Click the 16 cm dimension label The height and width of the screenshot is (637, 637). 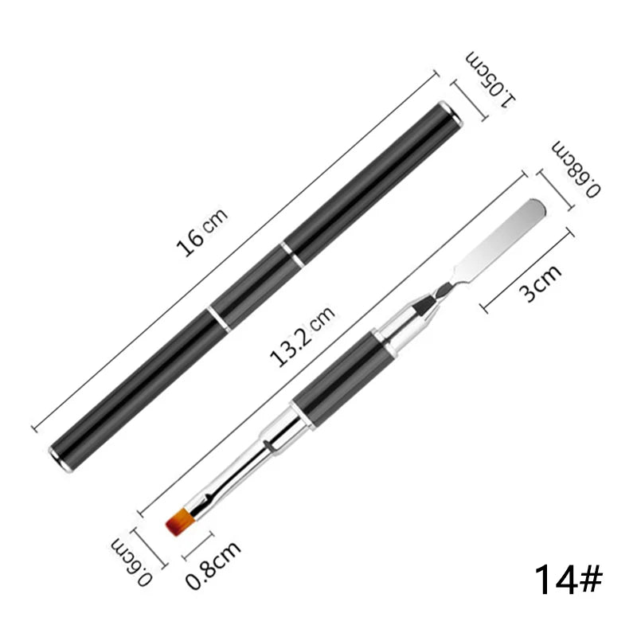point(202,233)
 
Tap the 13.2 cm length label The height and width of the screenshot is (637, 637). point(303,336)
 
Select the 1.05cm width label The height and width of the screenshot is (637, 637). point(490,80)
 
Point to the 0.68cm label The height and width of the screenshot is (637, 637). point(576,170)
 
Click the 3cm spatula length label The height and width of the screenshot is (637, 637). point(541,283)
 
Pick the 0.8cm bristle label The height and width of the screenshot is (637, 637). point(213,565)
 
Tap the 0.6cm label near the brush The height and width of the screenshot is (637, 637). point(131,562)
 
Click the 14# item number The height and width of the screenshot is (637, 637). point(568,580)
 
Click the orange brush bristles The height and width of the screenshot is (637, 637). point(180,522)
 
